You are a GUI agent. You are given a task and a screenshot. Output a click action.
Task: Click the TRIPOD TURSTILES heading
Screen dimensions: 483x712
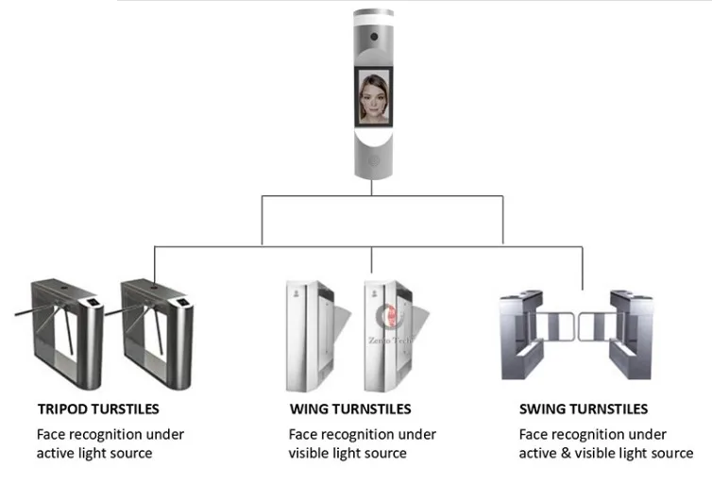click(x=97, y=409)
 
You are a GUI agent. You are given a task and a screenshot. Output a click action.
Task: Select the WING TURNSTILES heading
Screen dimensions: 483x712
click(x=349, y=409)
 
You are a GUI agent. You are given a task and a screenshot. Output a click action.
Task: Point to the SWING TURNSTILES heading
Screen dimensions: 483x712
click(x=584, y=409)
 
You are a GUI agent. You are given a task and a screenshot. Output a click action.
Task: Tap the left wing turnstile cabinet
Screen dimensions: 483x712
click(x=305, y=335)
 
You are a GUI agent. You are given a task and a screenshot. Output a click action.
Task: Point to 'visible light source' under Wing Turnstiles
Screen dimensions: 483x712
click(x=348, y=453)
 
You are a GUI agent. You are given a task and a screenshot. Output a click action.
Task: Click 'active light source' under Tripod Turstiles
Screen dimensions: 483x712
click(x=94, y=453)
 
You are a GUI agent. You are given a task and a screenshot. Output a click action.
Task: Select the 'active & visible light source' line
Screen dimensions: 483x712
click(x=606, y=453)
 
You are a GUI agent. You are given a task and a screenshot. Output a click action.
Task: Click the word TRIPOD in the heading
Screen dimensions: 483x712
click(x=61, y=409)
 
